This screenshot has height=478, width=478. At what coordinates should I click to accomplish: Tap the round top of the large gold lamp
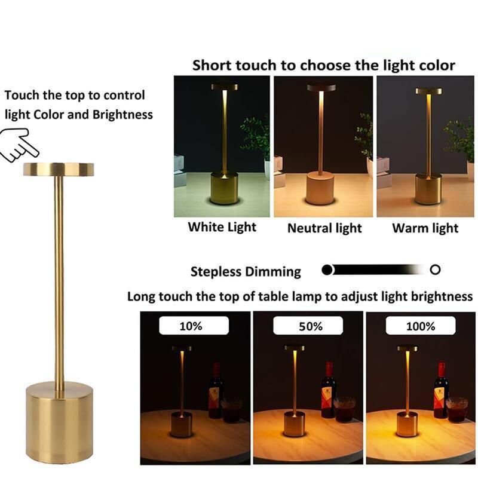point(59,169)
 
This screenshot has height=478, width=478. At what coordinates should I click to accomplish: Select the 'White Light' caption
point(222,227)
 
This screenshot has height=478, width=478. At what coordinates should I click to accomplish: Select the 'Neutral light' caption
point(324,228)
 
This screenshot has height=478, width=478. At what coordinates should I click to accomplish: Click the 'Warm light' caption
point(425,228)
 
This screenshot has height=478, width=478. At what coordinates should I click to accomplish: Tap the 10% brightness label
point(191,326)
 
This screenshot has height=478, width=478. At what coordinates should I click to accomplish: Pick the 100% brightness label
point(420,326)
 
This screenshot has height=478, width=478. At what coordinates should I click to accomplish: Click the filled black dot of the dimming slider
point(327,270)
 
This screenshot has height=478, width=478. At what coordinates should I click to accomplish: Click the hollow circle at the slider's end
point(436,270)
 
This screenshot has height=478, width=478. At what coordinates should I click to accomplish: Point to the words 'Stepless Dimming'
point(246,272)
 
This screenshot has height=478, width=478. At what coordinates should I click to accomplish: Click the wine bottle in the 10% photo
point(215,391)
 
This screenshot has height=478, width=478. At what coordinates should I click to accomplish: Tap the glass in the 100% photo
point(456,409)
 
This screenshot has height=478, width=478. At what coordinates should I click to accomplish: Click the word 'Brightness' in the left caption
point(122,114)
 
